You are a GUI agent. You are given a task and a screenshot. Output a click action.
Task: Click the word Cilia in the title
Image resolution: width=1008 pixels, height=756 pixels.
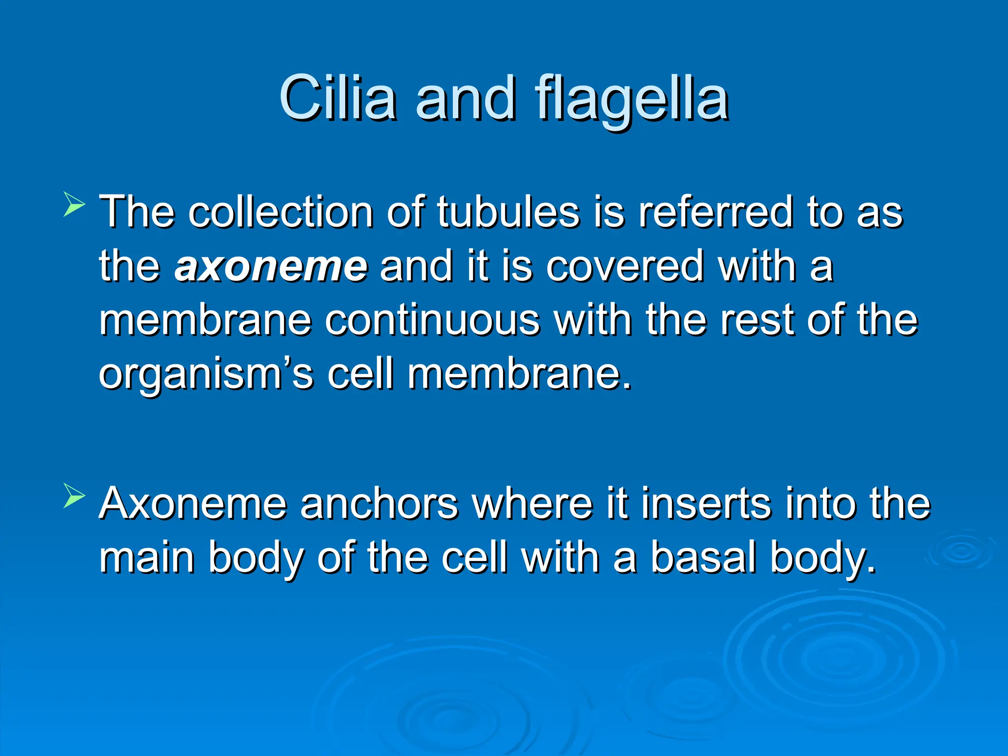[338, 98]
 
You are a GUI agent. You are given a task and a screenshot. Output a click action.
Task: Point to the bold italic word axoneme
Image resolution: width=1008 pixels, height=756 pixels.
[271, 266]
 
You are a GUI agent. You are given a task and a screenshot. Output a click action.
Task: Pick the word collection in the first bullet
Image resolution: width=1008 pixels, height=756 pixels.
[281, 212]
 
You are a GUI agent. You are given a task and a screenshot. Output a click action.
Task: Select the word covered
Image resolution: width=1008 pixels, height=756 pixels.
[625, 266]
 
